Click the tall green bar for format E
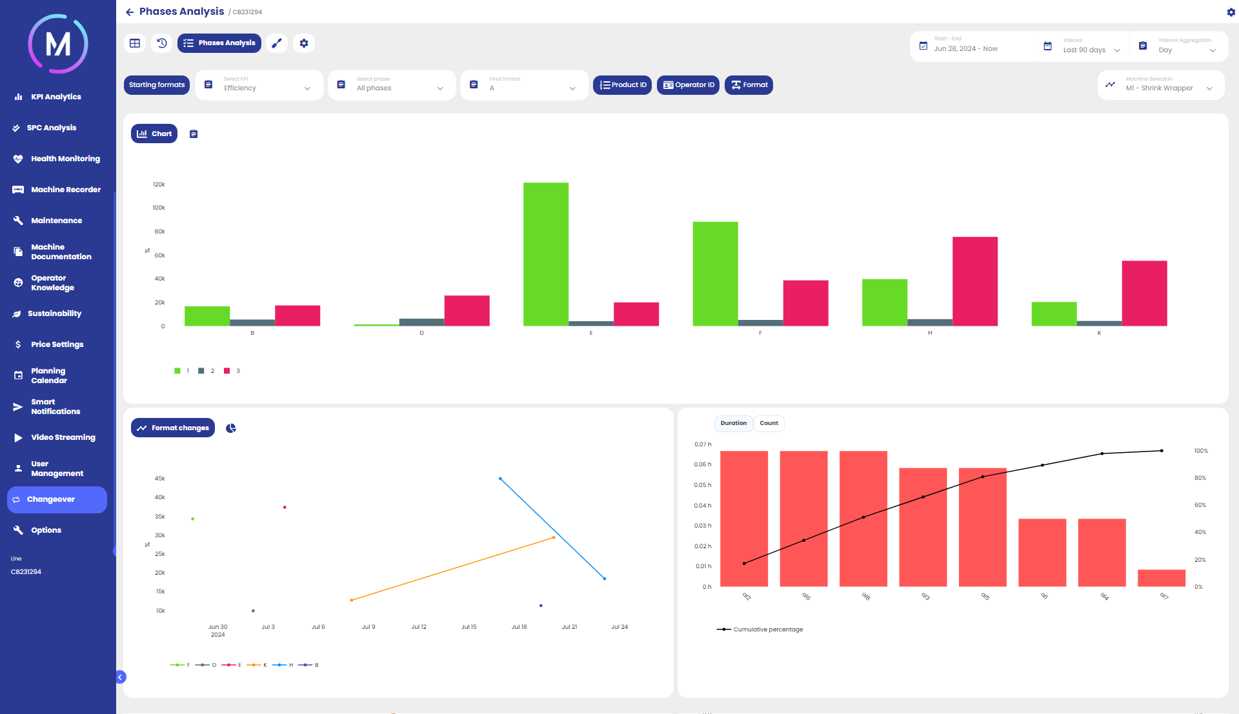[546, 254]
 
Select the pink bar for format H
[974, 281]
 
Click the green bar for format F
[715, 273]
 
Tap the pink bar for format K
[1144, 293]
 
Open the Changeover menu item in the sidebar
[57, 500]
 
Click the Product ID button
[622, 85]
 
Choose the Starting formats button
[157, 85]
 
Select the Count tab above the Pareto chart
[769, 424]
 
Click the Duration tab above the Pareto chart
[733, 424]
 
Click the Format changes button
[173, 428]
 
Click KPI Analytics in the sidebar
[55, 97]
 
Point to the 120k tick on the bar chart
[159, 184]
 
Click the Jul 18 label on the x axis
[519, 627]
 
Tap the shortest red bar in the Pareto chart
[1161, 578]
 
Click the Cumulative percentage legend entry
[760, 630]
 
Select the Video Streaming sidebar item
[63, 437]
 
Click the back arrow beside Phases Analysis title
[130, 12]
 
